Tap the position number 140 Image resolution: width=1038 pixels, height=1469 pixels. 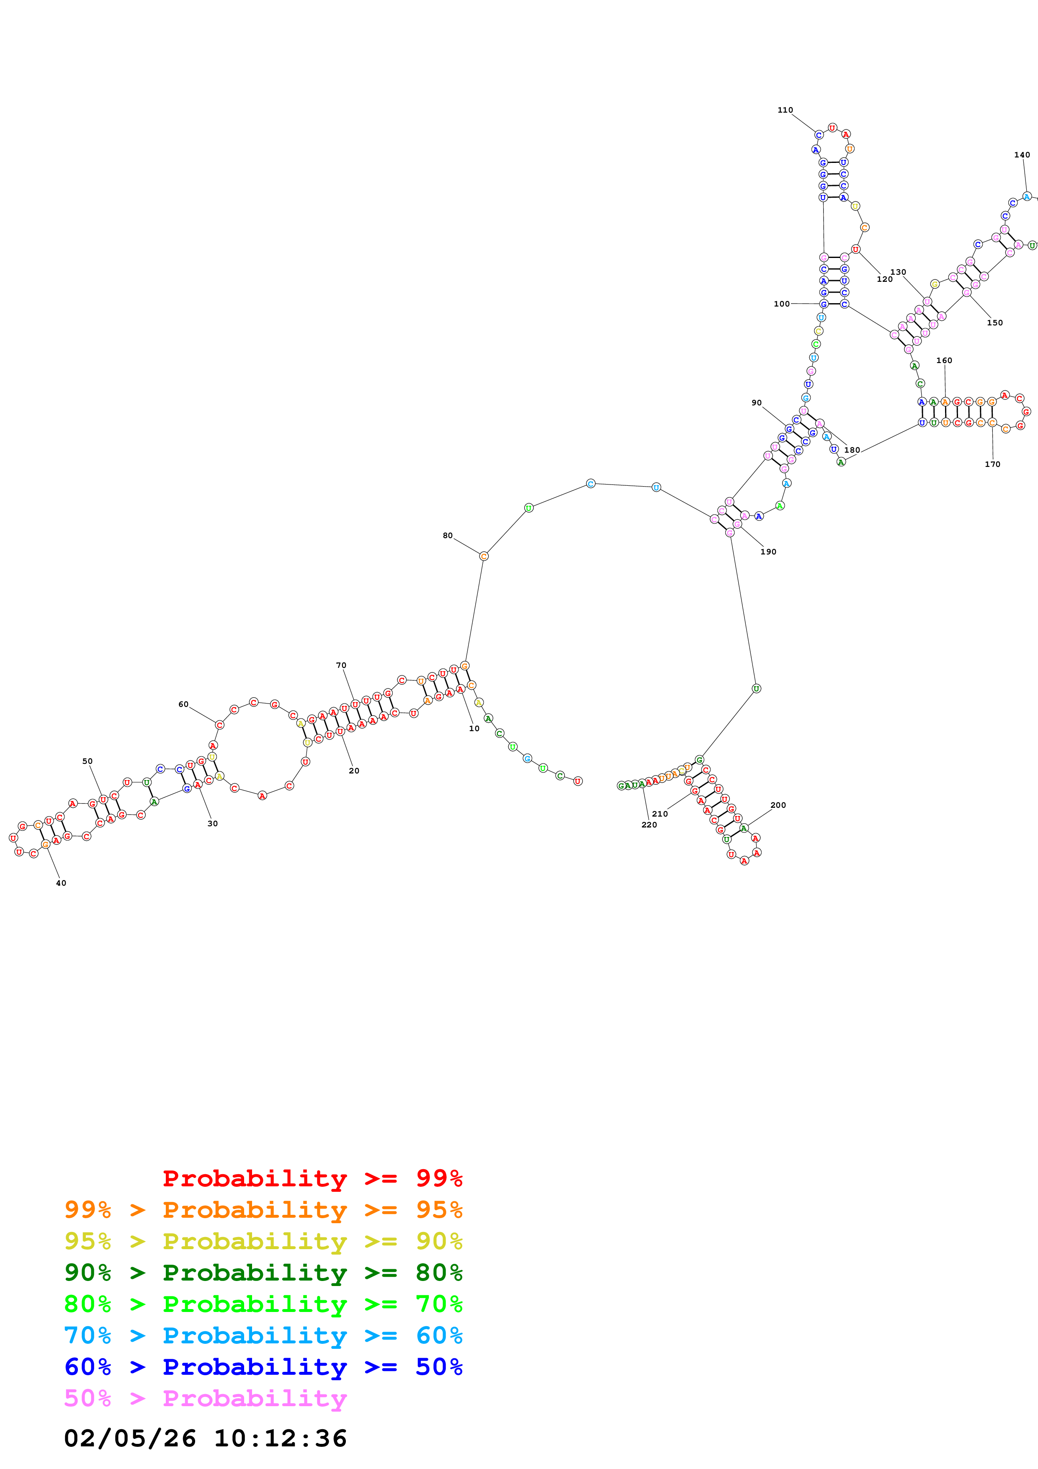pos(1022,155)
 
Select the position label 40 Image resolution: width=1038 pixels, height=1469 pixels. pos(61,883)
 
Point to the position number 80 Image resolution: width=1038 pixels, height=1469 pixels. pos(448,536)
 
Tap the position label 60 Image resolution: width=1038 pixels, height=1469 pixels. pos(183,704)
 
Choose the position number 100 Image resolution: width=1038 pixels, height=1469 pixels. pos(782,304)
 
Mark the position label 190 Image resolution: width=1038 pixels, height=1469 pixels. pos(768,552)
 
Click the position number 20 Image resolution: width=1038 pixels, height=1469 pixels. pos(354,771)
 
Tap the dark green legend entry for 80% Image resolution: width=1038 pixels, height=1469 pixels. pos(263,1273)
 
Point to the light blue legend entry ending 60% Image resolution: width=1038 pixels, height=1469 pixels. pos(263,1335)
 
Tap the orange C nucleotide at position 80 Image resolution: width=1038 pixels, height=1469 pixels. pos(484,556)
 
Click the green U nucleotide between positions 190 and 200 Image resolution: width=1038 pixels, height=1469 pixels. pos(756,688)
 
